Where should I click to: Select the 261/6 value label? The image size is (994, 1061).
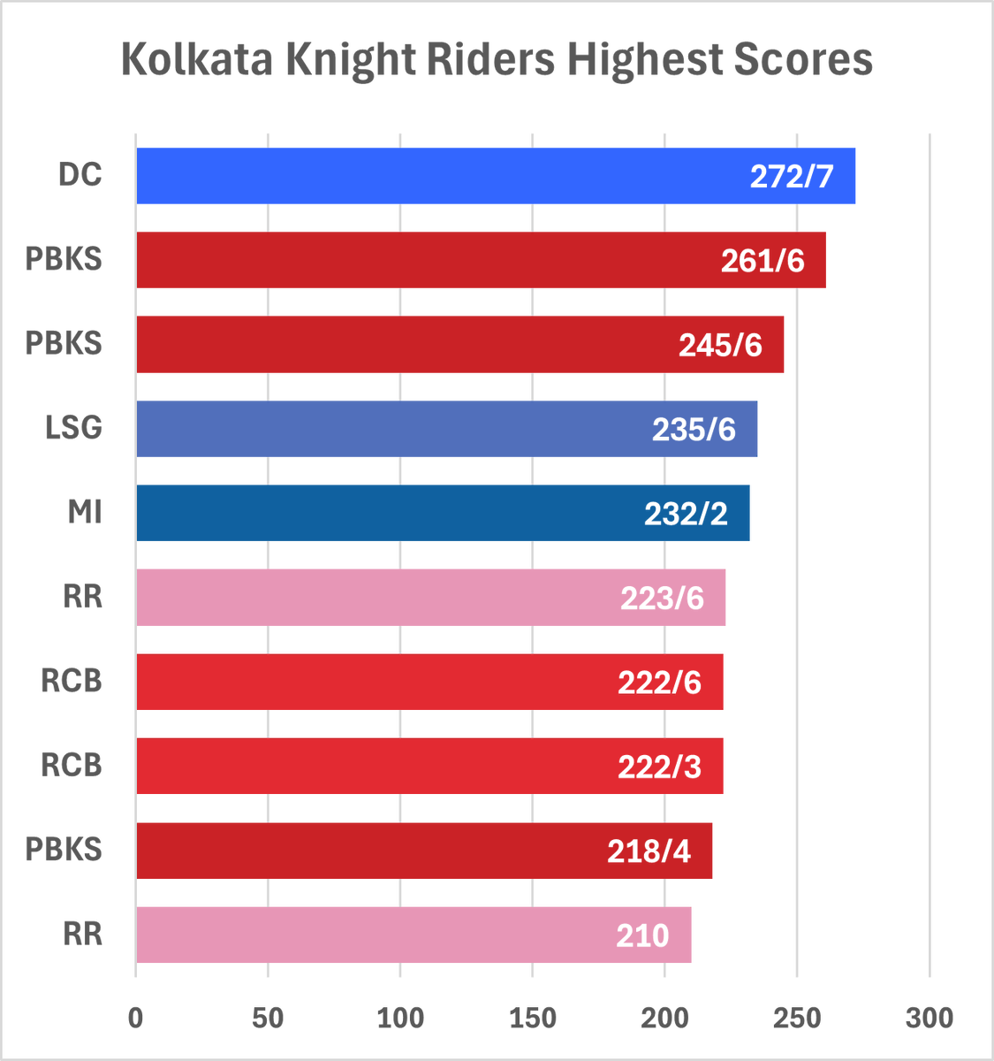pos(763,261)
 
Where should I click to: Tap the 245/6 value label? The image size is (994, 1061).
pos(720,345)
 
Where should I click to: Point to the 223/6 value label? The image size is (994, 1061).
pos(662,599)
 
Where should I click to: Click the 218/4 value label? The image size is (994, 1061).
pos(649,851)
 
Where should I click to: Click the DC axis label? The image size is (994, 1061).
pos(80,175)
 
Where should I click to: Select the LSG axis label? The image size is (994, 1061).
pos(74,428)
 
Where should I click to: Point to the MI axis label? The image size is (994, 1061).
pos(85,512)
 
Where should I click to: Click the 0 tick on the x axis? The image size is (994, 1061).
pos(135,1018)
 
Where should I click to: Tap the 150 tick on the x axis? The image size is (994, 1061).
pos(532,1018)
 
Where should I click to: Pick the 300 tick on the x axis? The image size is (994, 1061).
pos(930,1018)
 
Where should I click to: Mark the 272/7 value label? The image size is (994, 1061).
pos(792,177)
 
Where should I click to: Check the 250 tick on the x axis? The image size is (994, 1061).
pos(797,1018)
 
